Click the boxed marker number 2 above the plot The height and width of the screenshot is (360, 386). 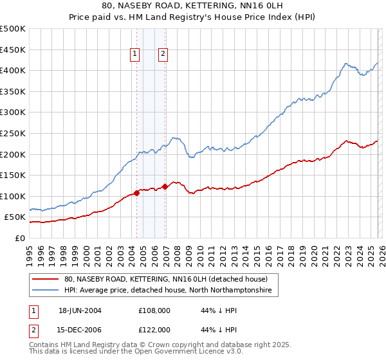click(x=163, y=55)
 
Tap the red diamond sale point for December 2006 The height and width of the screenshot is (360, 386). click(x=165, y=187)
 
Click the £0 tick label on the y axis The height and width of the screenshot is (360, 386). click(x=19, y=238)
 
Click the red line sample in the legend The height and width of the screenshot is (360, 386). click(x=46, y=280)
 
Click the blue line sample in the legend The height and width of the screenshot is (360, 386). click(x=46, y=291)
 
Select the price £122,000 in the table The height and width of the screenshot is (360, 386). click(x=154, y=329)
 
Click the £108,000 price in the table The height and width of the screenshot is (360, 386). click(x=154, y=310)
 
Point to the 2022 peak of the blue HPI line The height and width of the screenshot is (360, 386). click(x=346, y=64)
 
